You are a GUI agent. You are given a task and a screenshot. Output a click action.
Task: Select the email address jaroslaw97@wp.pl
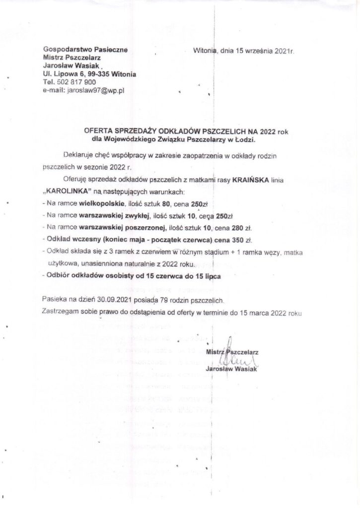[x=96, y=90]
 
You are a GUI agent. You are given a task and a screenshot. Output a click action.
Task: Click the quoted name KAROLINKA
[x=62, y=191]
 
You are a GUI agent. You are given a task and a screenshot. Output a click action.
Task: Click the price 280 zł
[x=240, y=228]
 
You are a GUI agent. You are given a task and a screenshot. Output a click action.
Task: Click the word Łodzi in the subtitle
[x=243, y=140]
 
